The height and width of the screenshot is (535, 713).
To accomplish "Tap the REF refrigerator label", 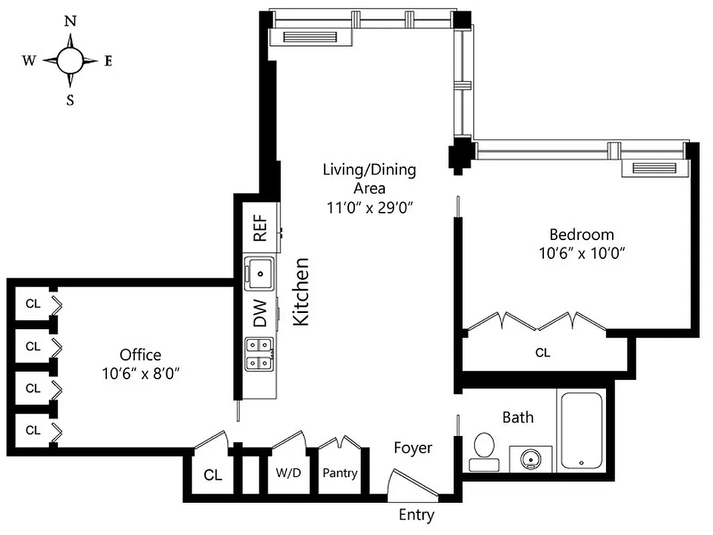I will pyautogui.click(x=260, y=227).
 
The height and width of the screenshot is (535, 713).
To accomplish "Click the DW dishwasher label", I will pyautogui.click(x=260, y=313).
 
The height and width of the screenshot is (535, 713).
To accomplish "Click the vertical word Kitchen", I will pyautogui.click(x=302, y=292).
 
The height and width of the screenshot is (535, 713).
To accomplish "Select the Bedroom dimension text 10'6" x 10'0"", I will pyautogui.click(x=581, y=253).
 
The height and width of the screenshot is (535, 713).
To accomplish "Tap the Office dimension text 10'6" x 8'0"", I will pyautogui.click(x=140, y=372).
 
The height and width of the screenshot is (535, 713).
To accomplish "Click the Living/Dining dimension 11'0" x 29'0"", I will pyautogui.click(x=369, y=207).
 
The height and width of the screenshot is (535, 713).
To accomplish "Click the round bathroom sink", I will pyautogui.click(x=532, y=459).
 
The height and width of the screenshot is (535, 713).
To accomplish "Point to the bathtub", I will pyautogui.click(x=581, y=429).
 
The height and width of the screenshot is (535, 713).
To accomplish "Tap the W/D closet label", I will pyautogui.click(x=289, y=473).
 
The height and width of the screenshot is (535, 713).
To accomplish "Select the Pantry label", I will pyautogui.click(x=340, y=473).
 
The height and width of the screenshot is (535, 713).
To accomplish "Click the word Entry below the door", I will pyautogui.click(x=416, y=515).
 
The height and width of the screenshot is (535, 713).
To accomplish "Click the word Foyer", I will pyautogui.click(x=412, y=448).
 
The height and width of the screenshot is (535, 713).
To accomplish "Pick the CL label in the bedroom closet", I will pyautogui.click(x=543, y=352).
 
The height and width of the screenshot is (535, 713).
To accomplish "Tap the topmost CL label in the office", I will pyautogui.click(x=33, y=303).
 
